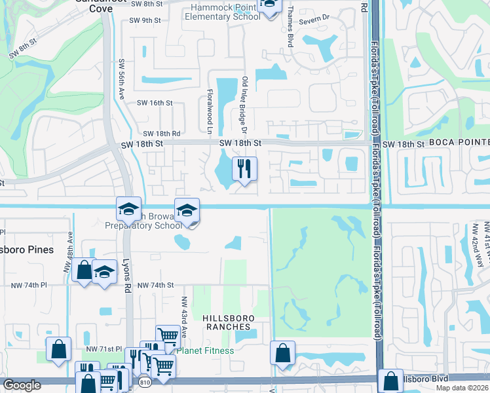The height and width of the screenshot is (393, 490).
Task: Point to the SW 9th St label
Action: [145, 21]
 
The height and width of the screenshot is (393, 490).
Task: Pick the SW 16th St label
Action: [155, 103]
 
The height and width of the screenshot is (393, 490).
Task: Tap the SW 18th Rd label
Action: [161, 133]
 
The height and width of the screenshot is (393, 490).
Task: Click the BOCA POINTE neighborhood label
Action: [459, 143]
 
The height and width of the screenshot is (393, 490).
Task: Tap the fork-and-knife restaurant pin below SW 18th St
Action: [244, 169]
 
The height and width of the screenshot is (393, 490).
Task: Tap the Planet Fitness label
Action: [205, 350]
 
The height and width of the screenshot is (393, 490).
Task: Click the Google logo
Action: [22, 385]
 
